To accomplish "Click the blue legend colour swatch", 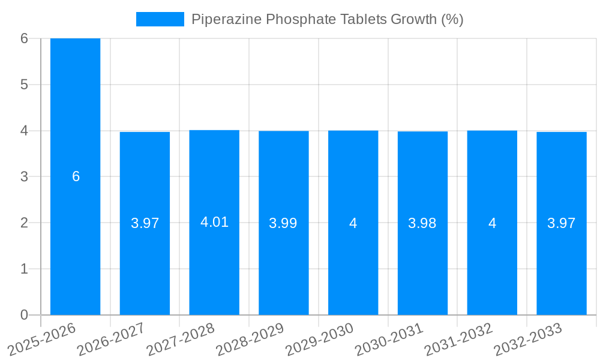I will (160, 19).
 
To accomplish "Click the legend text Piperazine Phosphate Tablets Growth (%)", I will (327, 19).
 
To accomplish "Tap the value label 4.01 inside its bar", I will (214, 222).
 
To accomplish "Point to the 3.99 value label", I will (283, 223).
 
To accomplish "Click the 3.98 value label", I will (422, 223).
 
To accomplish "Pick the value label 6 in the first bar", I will (76, 176).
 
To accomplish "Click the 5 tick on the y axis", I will (24, 85).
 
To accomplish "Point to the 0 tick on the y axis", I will (24, 315).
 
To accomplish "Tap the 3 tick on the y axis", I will (24, 177).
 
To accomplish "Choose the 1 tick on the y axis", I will (24, 269).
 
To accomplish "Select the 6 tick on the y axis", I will (24, 38).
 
